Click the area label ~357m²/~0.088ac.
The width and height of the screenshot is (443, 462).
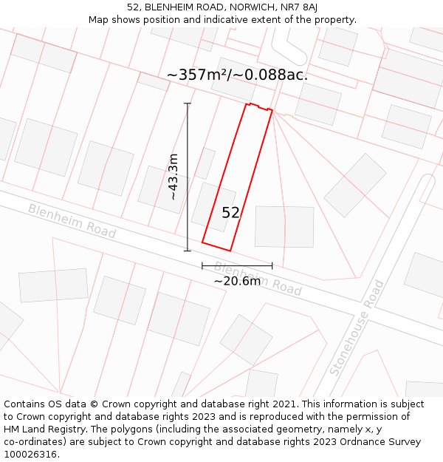pyautogui.click(x=237, y=75)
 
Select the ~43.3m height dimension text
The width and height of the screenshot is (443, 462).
pyautogui.click(x=174, y=177)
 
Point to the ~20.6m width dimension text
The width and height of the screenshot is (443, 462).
pyautogui.click(x=237, y=281)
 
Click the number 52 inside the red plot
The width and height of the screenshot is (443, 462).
pyautogui.click(x=230, y=213)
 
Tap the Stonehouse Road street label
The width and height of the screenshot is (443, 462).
pyautogui.click(x=357, y=327)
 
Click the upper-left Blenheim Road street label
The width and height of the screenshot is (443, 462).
pyautogui.click(x=72, y=220)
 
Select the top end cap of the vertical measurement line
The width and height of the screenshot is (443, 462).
pyautogui.click(x=188, y=103)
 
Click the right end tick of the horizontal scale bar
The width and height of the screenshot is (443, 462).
pyautogui.click(x=272, y=265)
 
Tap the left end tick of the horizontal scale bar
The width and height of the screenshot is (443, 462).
pyautogui.click(x=202, y=265)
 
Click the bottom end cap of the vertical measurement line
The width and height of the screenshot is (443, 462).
pyautogui.click(x=188, y=251)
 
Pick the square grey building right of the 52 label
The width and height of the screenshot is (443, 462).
pyautogui.click(x=284, y=226)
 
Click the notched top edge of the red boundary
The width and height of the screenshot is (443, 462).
pyautogui.click(x=258, y=107)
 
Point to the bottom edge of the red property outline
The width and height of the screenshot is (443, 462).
pyautogui.click(x=216, y=246)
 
